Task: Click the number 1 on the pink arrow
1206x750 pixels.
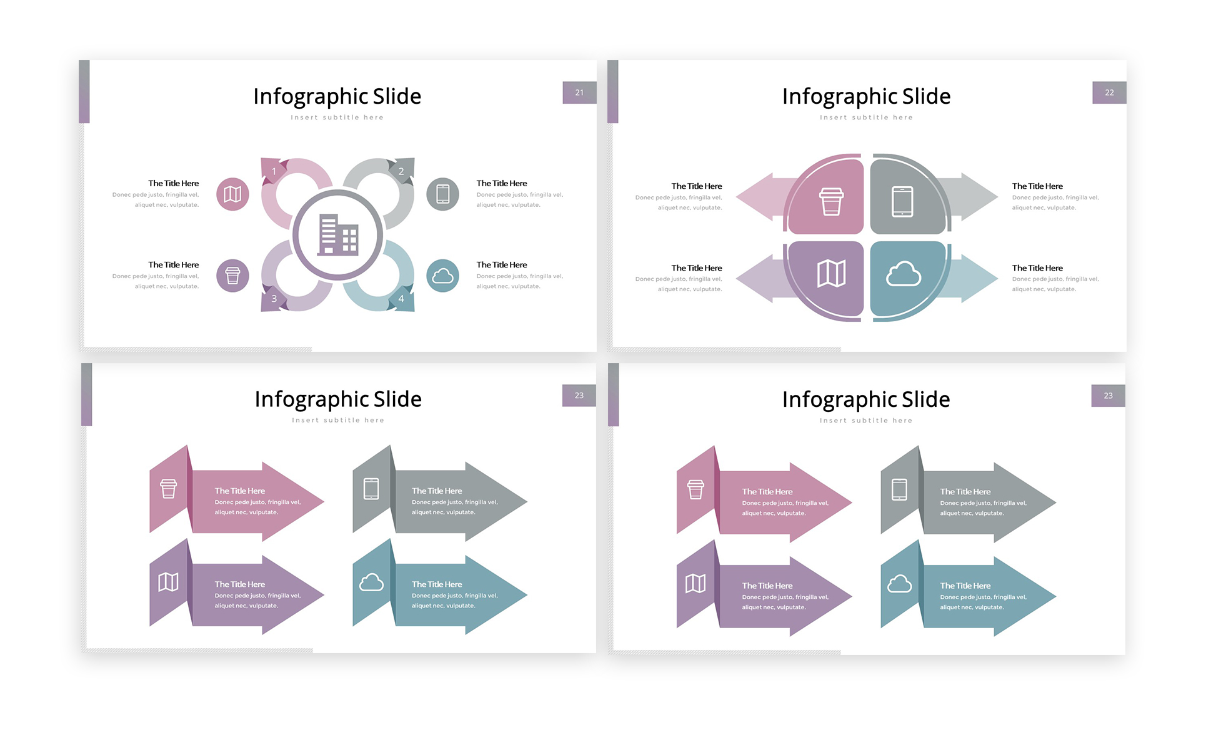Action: pyautogui.click(x=274, y=171)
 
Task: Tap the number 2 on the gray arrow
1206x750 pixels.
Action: pyautogui.click(x=401, y=171)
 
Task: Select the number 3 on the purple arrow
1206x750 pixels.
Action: pyautogui.click(x=274, y=299)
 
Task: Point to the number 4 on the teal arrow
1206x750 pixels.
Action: pyautogui.click(x=401, y=299)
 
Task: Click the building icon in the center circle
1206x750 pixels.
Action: pyautogui.click(x=337, y=235)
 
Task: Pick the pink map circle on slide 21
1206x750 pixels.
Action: pyautogui.click(x=232, y=194)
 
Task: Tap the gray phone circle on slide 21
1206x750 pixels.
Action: pyautogui.click(x=442, y=194)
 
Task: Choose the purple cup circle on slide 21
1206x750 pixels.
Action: pyautogui.click(x=232, y=276)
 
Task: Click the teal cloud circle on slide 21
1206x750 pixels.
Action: pyautogui.click(x=442, y=276)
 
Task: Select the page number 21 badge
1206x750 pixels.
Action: pyautogui.click(x=579, y=92)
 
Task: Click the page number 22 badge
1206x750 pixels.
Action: pyautogui.click(x=1109, y=92)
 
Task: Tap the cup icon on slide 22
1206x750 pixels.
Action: pyautogui.click(x=831, y=201)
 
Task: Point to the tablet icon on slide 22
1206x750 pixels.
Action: pyautogui.click(x=902, y=201)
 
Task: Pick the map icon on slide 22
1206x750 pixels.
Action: pyautogui.click(x=831, y=273)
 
